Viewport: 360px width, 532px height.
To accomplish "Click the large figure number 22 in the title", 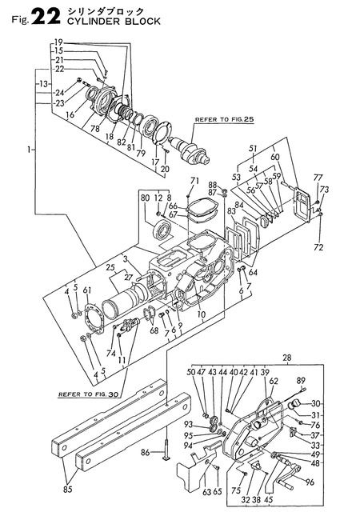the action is pyautogui.click(x=47, y=17).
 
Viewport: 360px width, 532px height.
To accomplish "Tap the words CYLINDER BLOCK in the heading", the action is pyautogui.click(x=114, y=22).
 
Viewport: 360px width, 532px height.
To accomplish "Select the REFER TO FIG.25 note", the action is pyautogui.click(x=224, y=119).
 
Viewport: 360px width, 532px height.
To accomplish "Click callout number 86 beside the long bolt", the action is pyautogui.click(x=146, y=452).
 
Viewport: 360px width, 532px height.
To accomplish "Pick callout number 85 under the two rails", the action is pyautogui.click(x=68, y=490).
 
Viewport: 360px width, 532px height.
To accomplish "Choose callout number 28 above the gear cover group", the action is pyautogui.click(x=286, y=358).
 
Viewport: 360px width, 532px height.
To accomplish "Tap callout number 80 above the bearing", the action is pyautogui.click(x=146, y=198).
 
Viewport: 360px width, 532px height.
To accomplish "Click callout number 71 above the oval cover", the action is pyautogui.click(x=194, y=181).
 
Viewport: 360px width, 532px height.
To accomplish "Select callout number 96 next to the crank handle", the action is pyautogui.click(x=310, y=482).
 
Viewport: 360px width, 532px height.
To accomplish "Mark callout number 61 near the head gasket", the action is pyautogui.click(x=87, y=290).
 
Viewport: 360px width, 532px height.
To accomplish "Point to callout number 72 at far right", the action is pyautogui.click(x=318, y=247).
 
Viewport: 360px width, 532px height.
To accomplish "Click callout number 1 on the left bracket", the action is pyautogui.click(x=30, y=150).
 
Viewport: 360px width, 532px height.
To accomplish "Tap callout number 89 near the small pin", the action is pyautogui.click(x=301, y=380).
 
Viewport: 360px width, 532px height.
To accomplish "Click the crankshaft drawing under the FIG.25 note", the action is pyautogui.click(x=191, y=150).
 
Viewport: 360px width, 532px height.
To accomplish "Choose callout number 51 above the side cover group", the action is pyautogui.click(x=253, y=148).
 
